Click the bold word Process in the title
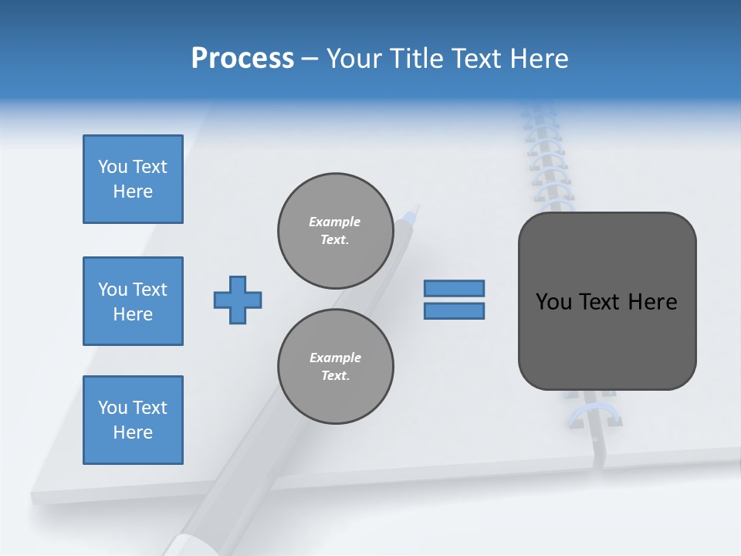click(242, 58)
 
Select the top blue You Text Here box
click(133, 179)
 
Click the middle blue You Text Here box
click(133, 301)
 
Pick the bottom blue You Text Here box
click(133, 419)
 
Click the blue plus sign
click(237, 300)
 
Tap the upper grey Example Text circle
click(335, 230)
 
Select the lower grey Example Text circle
click(335, 366)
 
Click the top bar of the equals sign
click(454, 288)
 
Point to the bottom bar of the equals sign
click(454, 311)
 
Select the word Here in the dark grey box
click(652, 301)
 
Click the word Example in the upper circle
click(335, 222)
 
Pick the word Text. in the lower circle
click(335, 375)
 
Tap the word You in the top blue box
click(113, 167)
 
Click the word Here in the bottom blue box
click(133, 432)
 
